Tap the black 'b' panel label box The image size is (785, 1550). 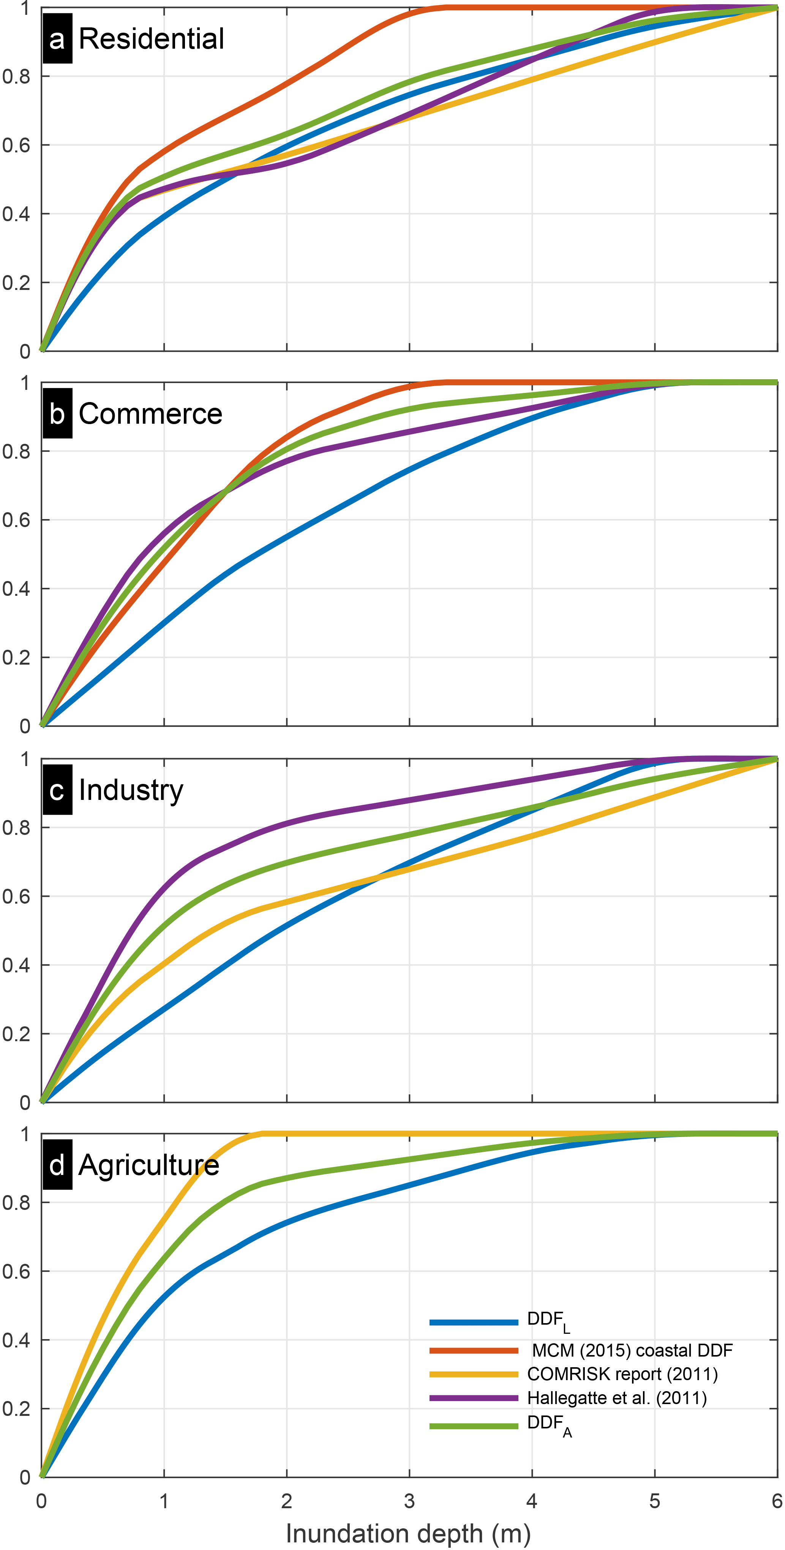tap(57, 414)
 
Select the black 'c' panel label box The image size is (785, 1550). tap(57, 790)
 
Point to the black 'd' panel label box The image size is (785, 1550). tap(57, 1165)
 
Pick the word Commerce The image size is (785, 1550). tap(150, 414)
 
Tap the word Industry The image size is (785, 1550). tap(131, 790)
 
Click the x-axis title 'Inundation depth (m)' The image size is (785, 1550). tap(408, 1533)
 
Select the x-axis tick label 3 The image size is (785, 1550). tap(409, 1501)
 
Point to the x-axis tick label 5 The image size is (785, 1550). tap(654, 1501)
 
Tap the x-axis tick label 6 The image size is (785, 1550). tap(777, 1501)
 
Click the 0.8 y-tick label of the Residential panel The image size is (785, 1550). tap(16, 76)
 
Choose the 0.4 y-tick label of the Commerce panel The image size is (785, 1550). tap(16, 589)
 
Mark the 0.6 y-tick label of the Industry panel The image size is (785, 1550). tap(16, 896)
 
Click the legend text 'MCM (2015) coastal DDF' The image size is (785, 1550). tap(632, 1350)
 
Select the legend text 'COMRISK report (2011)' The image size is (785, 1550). tap(622, 1374)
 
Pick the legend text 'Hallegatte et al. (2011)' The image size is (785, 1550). tap(617, 1397)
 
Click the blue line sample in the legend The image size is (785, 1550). tap(474, 1322)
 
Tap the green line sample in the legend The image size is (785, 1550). tap(474, 1425)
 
